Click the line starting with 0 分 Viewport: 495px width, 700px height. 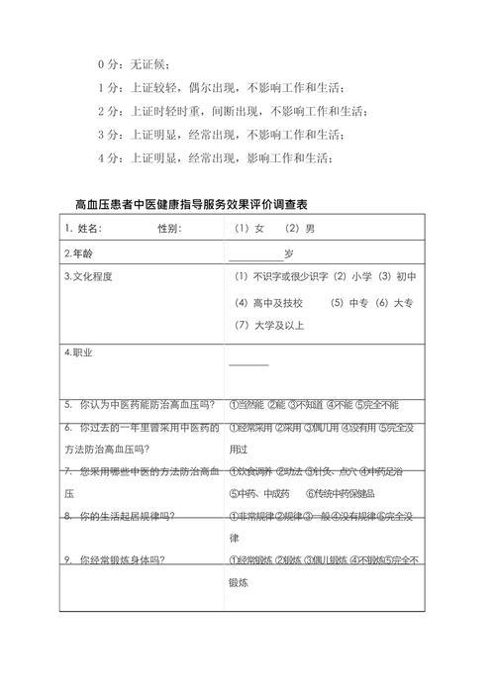tap(135, 64)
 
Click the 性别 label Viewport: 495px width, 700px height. tap(169, 229)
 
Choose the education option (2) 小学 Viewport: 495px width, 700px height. tap(351, 277)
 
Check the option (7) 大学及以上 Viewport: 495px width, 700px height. tap(270, 325)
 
